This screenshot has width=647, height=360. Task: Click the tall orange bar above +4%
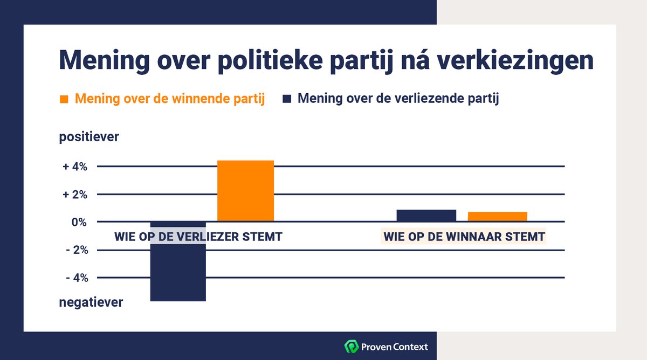point(245,190)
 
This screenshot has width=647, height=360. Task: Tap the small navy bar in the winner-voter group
point(426,216)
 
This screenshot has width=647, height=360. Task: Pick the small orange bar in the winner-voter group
point(497,217)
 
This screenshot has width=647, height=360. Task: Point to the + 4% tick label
point(75,167)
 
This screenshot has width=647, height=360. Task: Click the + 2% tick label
point(75,195)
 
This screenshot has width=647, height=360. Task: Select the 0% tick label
point(79,222)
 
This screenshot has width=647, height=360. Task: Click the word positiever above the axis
point(89,137)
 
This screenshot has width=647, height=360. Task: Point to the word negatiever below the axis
point(91,302)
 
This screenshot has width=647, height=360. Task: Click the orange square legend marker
point(64,100)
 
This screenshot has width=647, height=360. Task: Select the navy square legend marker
point(287,100)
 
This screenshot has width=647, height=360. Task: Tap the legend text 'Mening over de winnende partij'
point(169,100)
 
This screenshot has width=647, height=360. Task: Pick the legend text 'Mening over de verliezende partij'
point(398,100)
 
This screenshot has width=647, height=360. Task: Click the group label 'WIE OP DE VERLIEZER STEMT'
point(198,237)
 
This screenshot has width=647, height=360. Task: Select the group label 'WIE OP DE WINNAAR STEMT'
point(464,237)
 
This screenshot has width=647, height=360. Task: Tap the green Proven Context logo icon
point(351,346)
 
